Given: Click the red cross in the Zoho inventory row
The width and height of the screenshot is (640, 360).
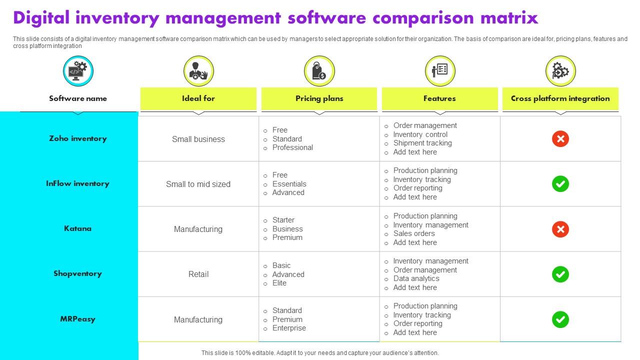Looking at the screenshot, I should (x=560, y=139).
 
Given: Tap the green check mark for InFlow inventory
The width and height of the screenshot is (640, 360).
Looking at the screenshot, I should (x=560, y=184).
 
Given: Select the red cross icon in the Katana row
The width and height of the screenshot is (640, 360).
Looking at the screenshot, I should (x=560, y=229).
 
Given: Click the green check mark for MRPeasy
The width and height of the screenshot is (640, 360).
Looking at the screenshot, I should (x=560, y=319).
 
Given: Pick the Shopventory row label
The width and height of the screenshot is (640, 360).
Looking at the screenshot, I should (x=77, y=273).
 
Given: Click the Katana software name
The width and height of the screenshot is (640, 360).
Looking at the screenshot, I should (x=77, y=228).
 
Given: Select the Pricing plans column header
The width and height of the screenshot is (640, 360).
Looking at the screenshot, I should (x=319, y=98).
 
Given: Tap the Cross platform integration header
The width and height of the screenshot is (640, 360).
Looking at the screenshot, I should (x=560, y=98).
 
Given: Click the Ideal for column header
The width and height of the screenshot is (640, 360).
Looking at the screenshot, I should (x=198, y=98).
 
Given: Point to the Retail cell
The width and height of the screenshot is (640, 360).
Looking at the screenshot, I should (x=198, y=274).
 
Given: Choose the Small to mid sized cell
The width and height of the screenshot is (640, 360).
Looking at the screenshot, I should (x=198, y=184).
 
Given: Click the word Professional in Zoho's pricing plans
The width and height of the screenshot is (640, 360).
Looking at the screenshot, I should (x=292, y=147).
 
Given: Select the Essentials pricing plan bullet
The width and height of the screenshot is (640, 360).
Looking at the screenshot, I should (x=289, y=184).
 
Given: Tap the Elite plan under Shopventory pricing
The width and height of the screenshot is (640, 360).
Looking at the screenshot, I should (x=279, y=283).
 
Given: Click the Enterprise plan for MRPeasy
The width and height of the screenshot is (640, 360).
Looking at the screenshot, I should (x=289, y=328).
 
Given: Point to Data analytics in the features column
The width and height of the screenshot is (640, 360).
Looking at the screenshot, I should (x=416, y=278).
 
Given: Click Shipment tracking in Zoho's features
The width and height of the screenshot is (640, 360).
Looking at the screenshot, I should (x=422, y=143).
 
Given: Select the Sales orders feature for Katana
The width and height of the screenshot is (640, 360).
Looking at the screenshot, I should (x=414, y=233).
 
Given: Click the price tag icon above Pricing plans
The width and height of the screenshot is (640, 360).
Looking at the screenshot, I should (x=319, y=71).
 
